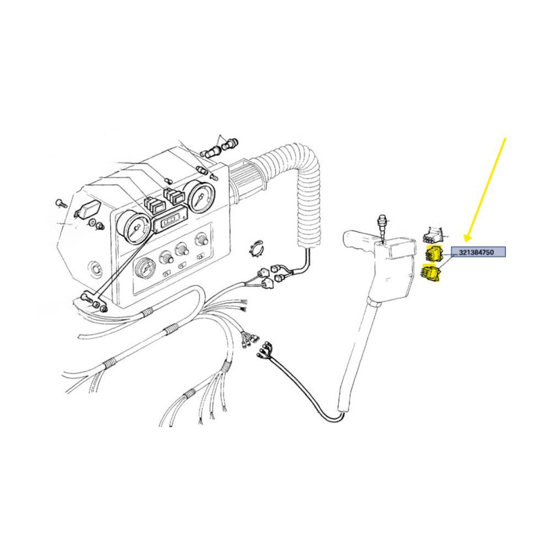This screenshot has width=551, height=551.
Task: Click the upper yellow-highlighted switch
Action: click(x=433, y=253)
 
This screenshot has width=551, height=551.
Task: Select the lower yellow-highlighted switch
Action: click(x=431, y=273)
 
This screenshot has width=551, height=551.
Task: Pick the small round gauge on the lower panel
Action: click(x=145, y=269)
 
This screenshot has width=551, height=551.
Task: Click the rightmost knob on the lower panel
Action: click(x=201, y=241)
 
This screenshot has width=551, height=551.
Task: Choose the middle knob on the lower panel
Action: click(x=182, y=250)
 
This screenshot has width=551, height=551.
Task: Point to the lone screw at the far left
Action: click(x=61, y=203)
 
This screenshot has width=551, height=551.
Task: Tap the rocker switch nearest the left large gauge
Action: click(x=154, y=205)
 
